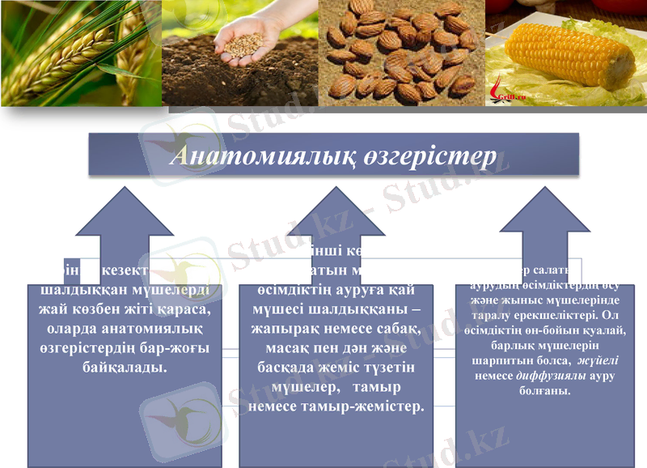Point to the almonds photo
(x=401, y=53)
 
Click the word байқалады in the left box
(x=125, y=367)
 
